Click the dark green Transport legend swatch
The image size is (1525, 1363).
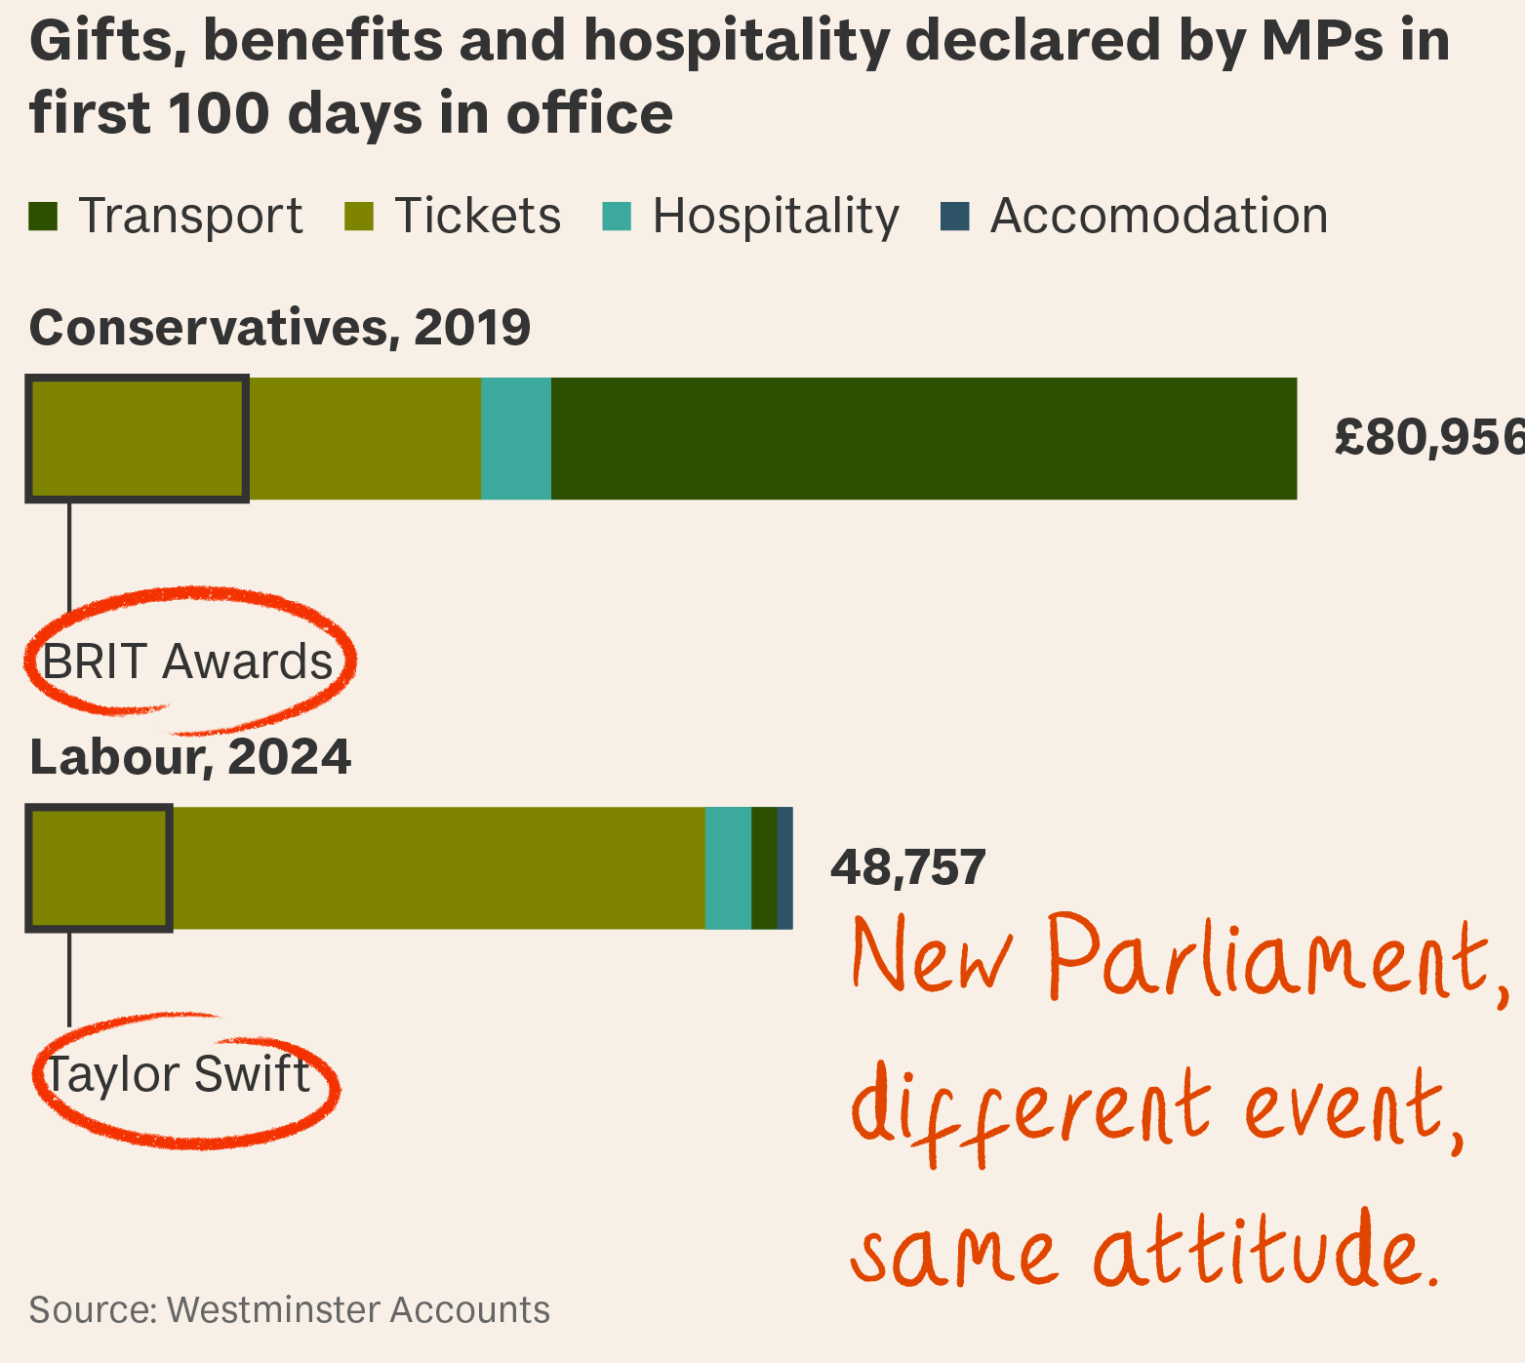pyautogui.click(x=44, y=217)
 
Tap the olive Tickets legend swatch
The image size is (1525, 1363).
pyautogui.click(x=359, y=217)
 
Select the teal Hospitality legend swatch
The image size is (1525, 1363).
pyautogui.click(x=617, y=217)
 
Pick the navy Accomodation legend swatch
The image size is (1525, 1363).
pyautogui.click(x=955, y=217)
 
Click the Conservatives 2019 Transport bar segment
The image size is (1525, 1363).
pyautogui.click(x=923, y=439)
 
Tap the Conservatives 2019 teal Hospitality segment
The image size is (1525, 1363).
pyautogui.click(x=516, y=439)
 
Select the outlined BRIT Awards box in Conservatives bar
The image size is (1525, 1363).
pyautogui.click(x=138, y=439)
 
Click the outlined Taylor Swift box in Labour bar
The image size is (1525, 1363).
pyautogui.click(x=100, y=868)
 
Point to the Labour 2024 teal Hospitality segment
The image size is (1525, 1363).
pyautogui.click(x=728, y=868)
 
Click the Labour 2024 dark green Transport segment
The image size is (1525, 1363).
pyautogui.click(x=764, y=868)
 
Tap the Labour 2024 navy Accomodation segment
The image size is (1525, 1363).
pyautogui.click(x=784, y=868)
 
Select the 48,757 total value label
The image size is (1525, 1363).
pyautogui.click(x=907, y=867)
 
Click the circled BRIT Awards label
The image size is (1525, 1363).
pyautogui.click(x=187, y=661)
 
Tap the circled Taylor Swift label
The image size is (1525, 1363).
pyautogui.click(x=179, y=1074)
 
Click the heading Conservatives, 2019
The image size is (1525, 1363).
pyautogui.click(x=280, y=328)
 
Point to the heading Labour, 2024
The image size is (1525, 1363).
pyautogui.click(x=190, y=757)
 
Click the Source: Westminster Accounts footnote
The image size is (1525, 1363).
pyautogui.click(x=290, y=1309)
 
